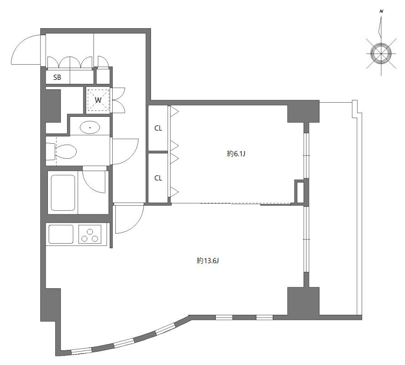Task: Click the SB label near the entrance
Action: tap(57, 77)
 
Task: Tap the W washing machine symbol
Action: tap(98, 100)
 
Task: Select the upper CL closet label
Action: tap(158, 128)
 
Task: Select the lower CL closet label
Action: tap(158, 178)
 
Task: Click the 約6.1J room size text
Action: tap(236, 154)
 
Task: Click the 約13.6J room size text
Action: tap(208, 261)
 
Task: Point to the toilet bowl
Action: tap(66, 151)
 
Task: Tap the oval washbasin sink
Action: tap(90, 127)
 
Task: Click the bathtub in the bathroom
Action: tap(63, 193)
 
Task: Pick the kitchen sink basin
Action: tap(61, 234)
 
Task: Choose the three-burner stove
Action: tap(90, 234)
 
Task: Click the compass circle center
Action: tap(381, 53)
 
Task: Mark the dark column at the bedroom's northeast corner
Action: tap(304, 111)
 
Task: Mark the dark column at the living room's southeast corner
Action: tap(304, 301)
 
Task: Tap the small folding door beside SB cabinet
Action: tap(104, 62)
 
